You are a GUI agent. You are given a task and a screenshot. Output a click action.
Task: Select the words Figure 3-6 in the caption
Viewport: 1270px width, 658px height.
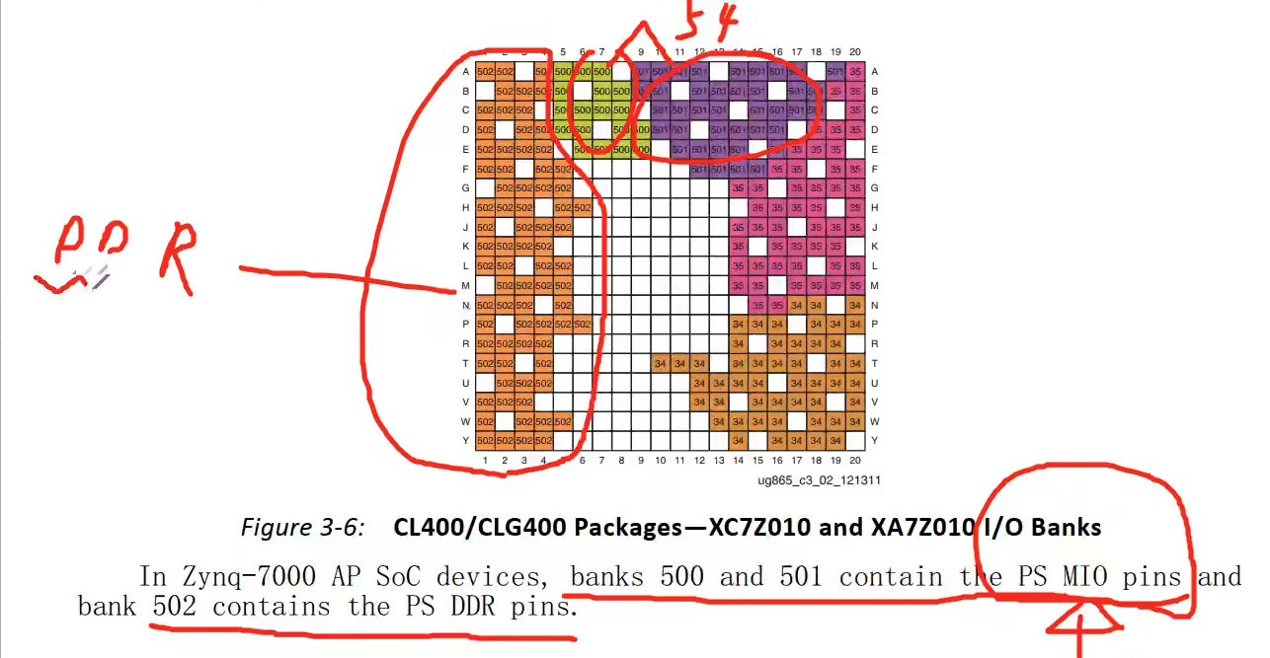pyautogui.click(x=302, y=528)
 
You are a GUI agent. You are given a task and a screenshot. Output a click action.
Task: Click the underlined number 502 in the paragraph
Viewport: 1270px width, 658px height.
pyautogui.click(x=175, y=607)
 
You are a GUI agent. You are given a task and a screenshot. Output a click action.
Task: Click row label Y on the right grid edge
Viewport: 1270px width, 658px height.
pyautogui.click(x=875, y=440)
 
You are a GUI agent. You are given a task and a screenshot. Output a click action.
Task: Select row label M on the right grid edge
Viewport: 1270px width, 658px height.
pyautogui.click(x=875, y=286)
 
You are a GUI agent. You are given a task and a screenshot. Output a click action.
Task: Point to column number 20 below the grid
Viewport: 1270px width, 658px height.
pyautogui.click(x=855, y=460)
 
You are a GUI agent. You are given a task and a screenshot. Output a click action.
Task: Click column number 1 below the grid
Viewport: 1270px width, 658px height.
pyautogui.click(x=485, y=460)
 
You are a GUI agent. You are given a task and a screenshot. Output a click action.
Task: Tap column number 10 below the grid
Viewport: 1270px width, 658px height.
pyautogui.click(x=661, y=460)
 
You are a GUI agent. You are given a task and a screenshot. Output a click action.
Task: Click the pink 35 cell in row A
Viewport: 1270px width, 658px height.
pyautogui.click(x=855, y=72)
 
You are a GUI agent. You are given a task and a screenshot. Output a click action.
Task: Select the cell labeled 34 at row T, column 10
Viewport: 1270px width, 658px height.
pyautogui.click(x=661, y=363)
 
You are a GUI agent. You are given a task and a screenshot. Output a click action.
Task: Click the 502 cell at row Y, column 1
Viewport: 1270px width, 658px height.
pyautogui.click(x=485, y=440)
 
